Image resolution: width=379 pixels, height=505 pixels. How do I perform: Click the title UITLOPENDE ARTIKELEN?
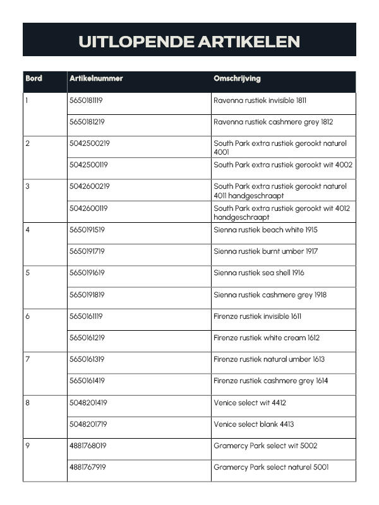pyautogui.click(x=189, y=42)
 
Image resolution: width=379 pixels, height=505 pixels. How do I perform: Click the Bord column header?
pyautogui.click(x=34, y=79)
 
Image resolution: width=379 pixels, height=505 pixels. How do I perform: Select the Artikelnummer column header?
pyautogui.click(x=96, y=79)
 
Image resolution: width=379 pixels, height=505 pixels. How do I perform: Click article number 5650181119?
pyautogui.click(x=87, y=100)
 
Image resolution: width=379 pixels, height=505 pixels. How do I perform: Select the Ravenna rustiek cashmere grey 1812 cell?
pyautogui.click(x=273, y=122)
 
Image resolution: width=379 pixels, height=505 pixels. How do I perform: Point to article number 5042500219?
pyautogui.click(x=89, y=143)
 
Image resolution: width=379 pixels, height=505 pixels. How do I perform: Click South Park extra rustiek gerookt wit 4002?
pyautogui.click(x=283, y=165)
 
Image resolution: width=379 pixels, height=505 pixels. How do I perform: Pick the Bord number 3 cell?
pyautogui.click(x=27, y=187)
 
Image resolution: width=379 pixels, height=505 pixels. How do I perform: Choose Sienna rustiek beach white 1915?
pyautogui.click(x=265, y=230)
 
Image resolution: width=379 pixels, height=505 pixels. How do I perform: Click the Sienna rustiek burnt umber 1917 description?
pyautogui.click(x=265, y=251)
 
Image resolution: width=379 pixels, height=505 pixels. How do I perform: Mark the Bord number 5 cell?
pyautogui.click(x=27, y=273)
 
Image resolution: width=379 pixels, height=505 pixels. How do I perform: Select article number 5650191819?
pyautogui.click(x=87, y=295)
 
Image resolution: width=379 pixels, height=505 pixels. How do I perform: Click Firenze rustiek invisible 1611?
pyautogui.click(x=257, y=316)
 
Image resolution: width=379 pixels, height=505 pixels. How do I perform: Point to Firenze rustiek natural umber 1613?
pyautogui.click(x=269, y=359)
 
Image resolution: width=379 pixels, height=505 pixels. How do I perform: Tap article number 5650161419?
pyautogui.click(x=87, y=381)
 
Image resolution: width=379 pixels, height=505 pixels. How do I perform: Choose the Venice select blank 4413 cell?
pyautogui.click(x=253, y=424)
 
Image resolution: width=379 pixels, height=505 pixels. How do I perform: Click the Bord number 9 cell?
pyautogui.click(x=27, y=446)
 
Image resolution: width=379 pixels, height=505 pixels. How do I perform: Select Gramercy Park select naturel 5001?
pyautogui.click(x=271, y=467)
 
